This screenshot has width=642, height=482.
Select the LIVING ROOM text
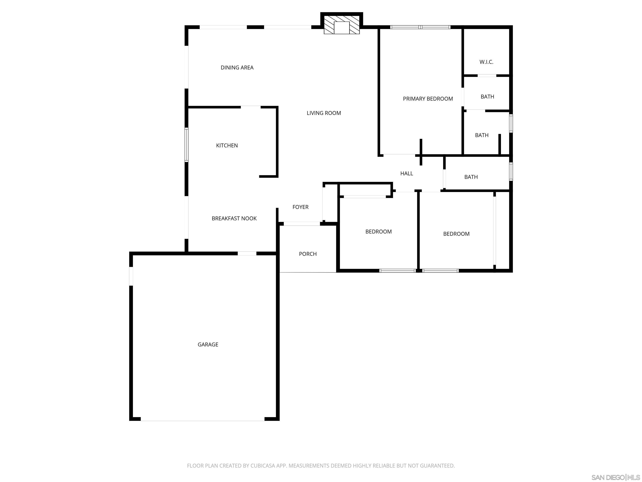point(324,113)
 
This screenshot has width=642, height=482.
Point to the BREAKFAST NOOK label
point(234,218)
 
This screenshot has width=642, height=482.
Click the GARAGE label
point(208,345)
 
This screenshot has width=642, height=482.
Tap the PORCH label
point(308,254)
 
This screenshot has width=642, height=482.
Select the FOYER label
point(300,207)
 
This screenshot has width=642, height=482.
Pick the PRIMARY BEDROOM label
point(428,99)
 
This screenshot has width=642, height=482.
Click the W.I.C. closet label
point(486,62)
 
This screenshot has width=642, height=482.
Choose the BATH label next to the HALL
point(471,177)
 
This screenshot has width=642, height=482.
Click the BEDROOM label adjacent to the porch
point(378,232)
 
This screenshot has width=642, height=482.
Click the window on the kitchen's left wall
point(187,145)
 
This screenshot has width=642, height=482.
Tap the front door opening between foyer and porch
point(302,224)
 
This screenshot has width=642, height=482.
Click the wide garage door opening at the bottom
point(203,420)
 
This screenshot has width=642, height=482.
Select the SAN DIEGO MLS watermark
point(615,477)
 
